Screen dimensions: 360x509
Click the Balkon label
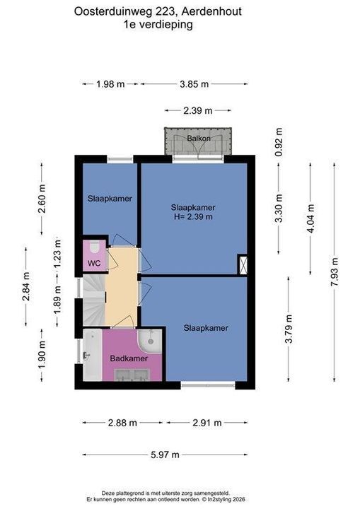pyautogui.click(x=199, y=139)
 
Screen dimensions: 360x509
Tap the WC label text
pyautogui.click(x=94, y=263)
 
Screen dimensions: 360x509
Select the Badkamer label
pyautogui.click(x=129, y=358)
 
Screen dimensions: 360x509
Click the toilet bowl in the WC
pyautogui.click(x=95, y=247)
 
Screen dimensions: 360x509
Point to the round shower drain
pyautogui.click(x=151, y=341)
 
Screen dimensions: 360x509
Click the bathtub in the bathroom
pyautogui.click(x=92, y=355)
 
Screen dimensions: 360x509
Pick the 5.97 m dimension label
pyautogui.click(x=165, y=455)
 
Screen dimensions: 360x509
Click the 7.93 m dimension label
pyautogui.click(x=335, y=271)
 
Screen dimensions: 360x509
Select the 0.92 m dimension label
pyautogui.click(x=279, y=142)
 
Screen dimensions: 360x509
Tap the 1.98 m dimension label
pyautogui.click(x=110, y=84)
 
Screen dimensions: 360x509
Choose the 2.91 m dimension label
pyautogui.click(x=207, y=423)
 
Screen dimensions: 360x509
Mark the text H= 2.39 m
pyautogui.click(x=193, y=216)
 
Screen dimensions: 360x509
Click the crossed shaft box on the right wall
pyautogui.click(x=243, y=264)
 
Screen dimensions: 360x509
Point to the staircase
pyautogui.click(x=94, y=300)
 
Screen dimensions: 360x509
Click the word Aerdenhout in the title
pyautogui.click(x=211, y=11)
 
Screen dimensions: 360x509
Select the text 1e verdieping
pyautogui.click(x=158, y=24)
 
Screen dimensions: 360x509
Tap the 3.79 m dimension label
pyautogui.click(x=289, y=329)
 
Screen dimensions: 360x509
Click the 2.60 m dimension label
pyautogui.click(x=42, y=199)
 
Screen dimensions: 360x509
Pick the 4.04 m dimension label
pyautogui.click(x=310, y=218)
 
